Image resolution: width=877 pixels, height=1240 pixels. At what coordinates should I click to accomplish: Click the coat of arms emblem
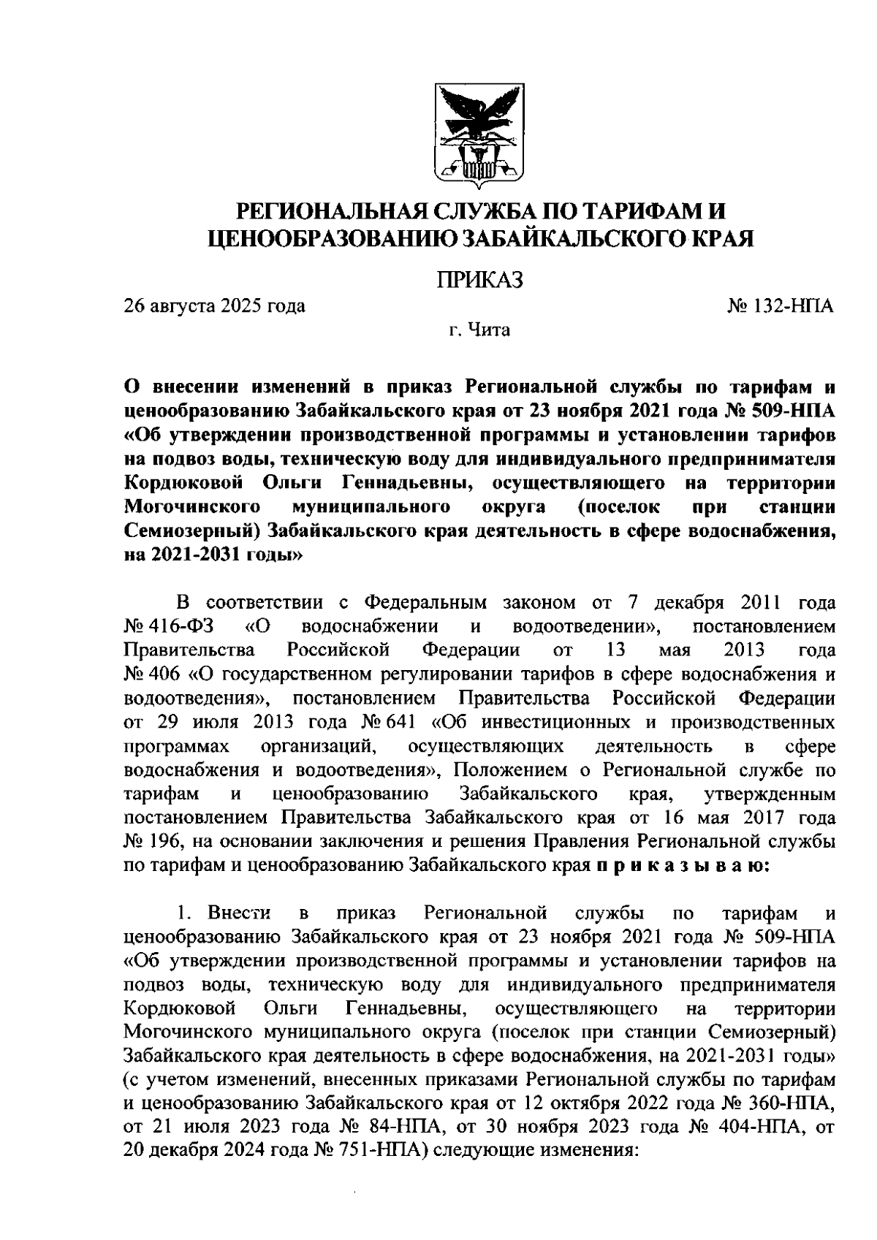coord(479,136)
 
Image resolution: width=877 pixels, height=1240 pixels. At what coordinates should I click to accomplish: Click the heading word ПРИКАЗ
coord(479,280)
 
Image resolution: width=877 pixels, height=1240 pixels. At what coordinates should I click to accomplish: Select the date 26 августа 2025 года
coord(214,305)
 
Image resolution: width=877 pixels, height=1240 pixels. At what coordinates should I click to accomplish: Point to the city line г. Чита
coord(479,330)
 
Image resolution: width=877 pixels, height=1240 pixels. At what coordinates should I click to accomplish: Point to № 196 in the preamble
coord(151,842)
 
